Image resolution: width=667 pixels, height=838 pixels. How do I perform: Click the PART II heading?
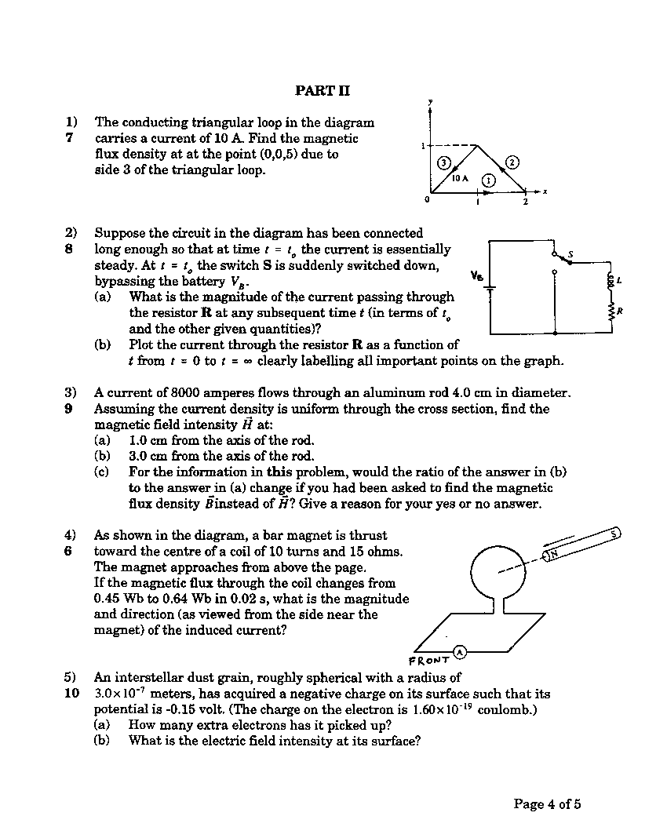click(x=323, y=91)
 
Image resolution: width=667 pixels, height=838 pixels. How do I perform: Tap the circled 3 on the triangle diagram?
click(x=443, y=162)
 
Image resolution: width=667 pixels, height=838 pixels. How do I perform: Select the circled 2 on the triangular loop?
click(x=512, y=162)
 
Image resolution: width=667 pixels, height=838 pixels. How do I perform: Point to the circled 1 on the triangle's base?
click(x=488, y=180)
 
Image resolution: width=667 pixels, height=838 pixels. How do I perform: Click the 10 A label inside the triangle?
click(x=460, y=179)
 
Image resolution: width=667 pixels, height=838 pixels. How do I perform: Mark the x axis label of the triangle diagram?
click(x=544, y=191)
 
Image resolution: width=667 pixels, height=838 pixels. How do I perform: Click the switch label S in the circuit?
click(x=570, y=253)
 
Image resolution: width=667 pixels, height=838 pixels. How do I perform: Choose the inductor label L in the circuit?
click(x=620, y=280)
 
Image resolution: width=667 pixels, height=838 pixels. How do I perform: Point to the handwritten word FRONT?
click(x=430, y=660)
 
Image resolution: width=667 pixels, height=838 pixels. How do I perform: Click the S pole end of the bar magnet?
click(x=615, y=534)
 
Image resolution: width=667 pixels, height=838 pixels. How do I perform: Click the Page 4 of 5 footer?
click(x=547, y=803)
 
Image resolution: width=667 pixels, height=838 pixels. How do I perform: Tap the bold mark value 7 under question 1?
click(x=69, y=138)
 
